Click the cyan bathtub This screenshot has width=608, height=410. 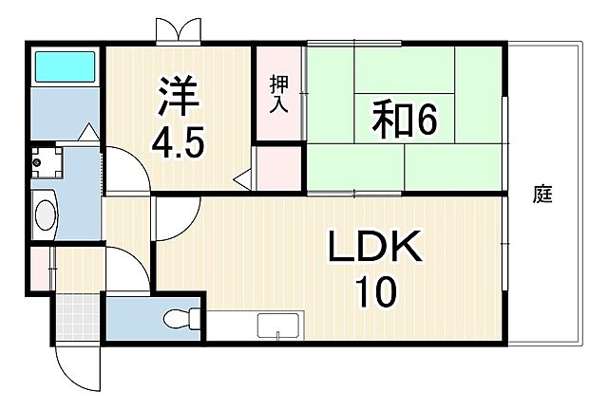[66, 67]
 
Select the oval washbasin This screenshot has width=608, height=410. [44, 214]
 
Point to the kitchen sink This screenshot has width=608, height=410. [278, 326]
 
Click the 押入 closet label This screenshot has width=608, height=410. [277, 94]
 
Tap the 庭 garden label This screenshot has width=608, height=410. [542, 196]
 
